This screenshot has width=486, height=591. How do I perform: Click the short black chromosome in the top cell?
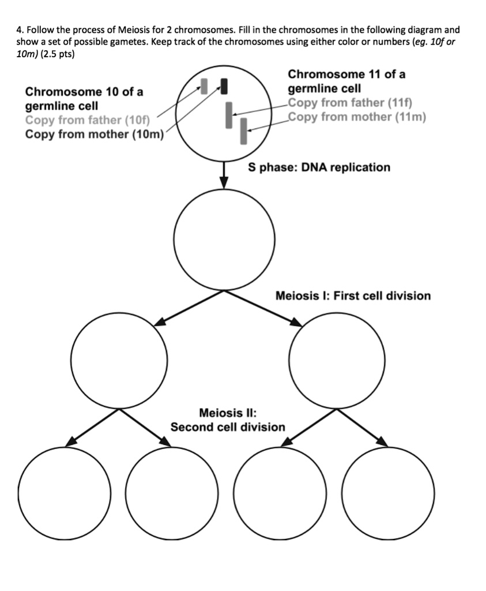(x=224, y=86)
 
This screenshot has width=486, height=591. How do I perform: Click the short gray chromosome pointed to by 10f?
(x=203, y=85)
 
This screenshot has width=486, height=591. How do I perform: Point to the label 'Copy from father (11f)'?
(x=349, y=103)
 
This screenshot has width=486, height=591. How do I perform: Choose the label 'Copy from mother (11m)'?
(x=357, y=117)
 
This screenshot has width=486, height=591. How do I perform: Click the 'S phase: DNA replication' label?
(x=319, y=167)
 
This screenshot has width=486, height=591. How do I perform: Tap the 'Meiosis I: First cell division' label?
(x=353, y=296)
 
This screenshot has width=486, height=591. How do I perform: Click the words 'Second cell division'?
(x=228, y=427)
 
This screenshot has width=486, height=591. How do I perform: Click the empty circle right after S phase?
(x=224, y=240)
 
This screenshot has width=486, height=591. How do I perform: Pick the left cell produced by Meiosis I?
(x=119, y=360)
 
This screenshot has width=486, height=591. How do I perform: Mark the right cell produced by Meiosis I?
(x=337, y=360)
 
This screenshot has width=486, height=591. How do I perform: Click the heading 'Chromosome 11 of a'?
(x=346, y=74)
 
